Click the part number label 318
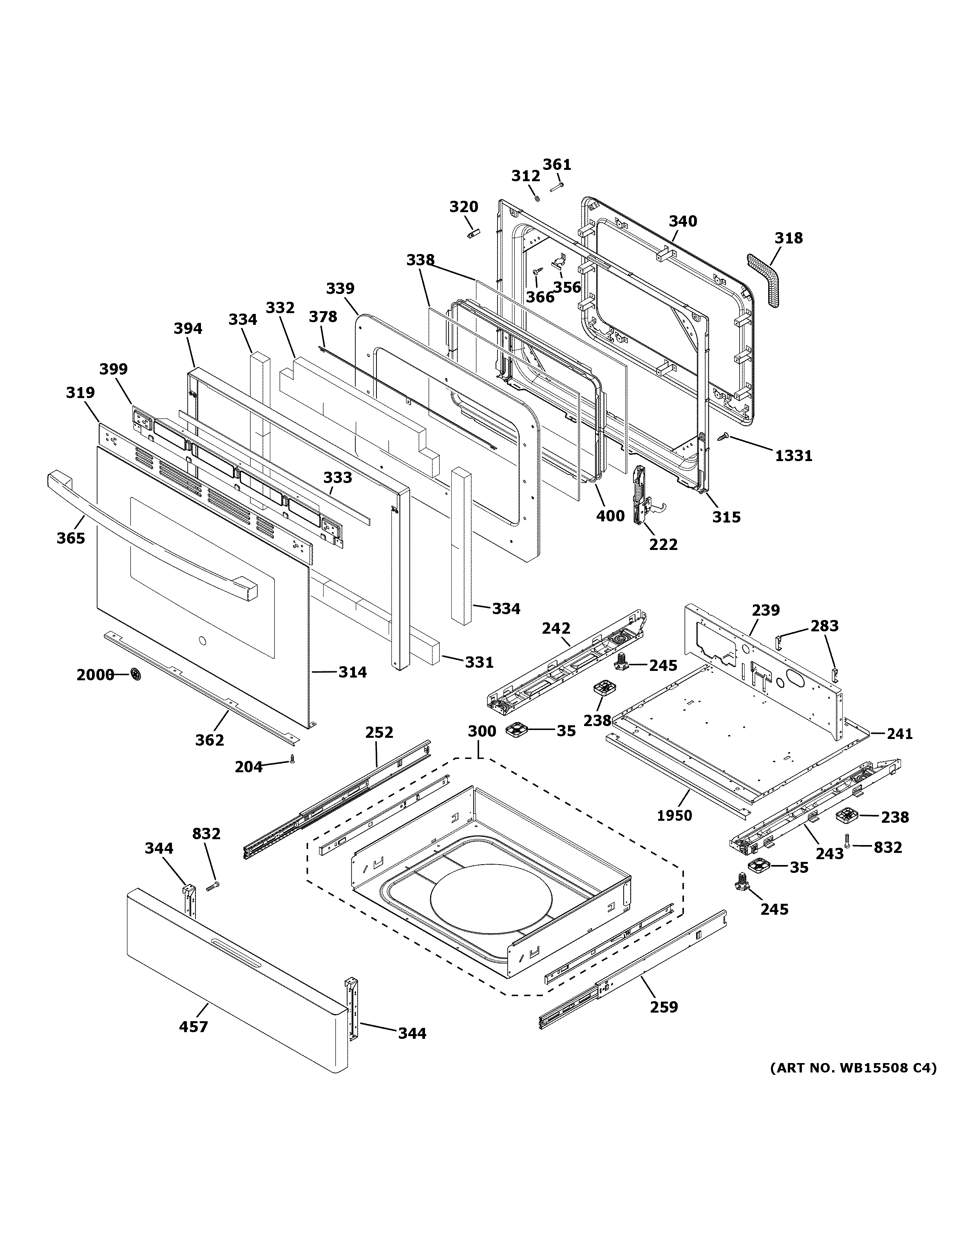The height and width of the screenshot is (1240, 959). (789, 238)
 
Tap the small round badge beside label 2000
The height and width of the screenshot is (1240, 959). (135, 674)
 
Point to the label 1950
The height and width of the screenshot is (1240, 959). (674, 815)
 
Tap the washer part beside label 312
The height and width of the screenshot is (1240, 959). (536, 198)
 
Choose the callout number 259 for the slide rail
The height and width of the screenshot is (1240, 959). (664, 1007)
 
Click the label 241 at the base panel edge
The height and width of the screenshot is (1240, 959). (899, 734)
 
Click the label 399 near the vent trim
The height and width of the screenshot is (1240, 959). (114, 369)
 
